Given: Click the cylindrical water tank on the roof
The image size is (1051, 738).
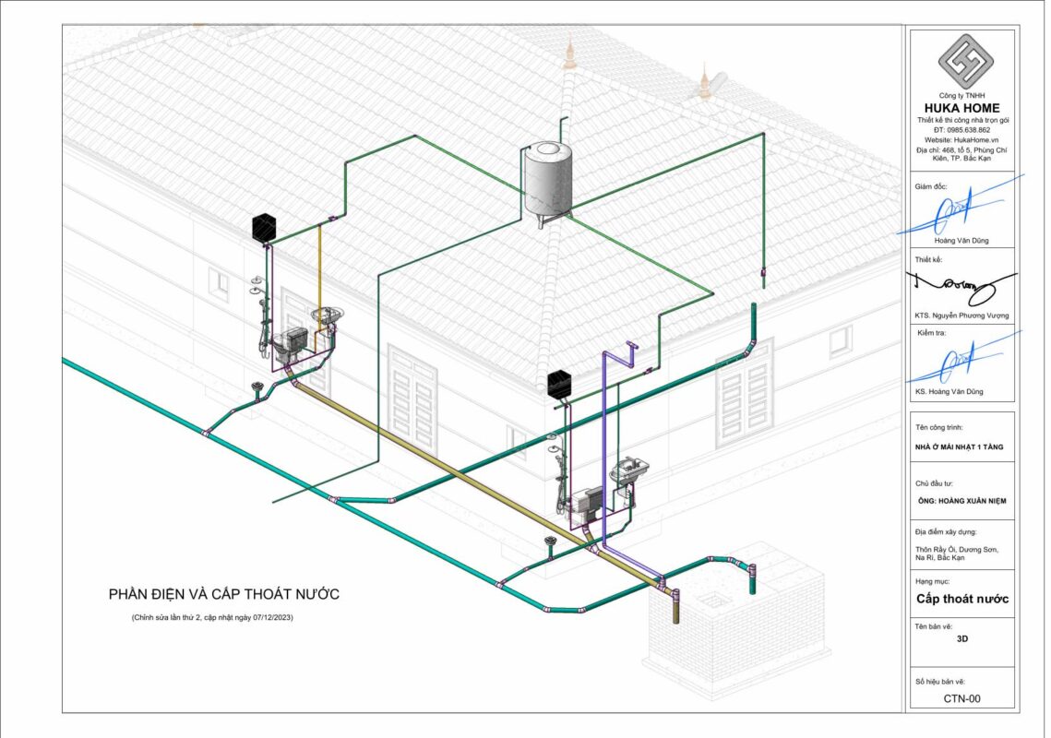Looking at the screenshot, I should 546,181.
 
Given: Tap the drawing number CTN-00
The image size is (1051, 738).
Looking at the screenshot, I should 961,698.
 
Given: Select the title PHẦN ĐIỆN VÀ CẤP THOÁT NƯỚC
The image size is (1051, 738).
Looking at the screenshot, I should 223,594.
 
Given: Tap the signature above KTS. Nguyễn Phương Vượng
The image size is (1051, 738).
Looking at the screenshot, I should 958,284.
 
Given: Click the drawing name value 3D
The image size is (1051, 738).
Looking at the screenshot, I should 961,637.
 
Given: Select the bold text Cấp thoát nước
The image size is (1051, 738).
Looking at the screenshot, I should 961,599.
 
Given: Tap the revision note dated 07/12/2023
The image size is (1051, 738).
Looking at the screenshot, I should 218,617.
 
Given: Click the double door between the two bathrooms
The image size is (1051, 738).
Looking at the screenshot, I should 412,387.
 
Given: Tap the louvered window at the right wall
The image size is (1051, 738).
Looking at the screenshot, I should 745,381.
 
